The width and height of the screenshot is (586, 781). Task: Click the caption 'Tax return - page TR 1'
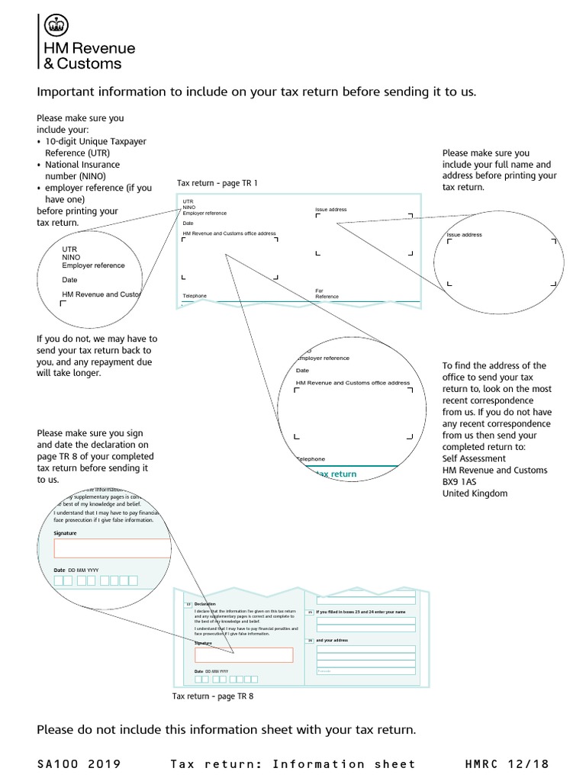coord(217,183)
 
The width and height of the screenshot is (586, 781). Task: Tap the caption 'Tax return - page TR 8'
coord(213,696)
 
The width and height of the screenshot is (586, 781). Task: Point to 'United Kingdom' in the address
coord(475,493)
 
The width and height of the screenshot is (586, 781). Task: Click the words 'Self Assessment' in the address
coord(474,458)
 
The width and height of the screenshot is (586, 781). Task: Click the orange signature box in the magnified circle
coord(112,548)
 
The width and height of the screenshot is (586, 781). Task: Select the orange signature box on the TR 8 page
coord(243,654)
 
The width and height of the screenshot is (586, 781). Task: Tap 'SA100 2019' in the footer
coord(79,763)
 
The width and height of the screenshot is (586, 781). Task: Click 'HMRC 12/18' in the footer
coord(507,763)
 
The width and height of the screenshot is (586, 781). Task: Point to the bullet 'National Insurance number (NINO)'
coord(82,170)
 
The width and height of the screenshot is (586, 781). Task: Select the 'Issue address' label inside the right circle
coord(465,235)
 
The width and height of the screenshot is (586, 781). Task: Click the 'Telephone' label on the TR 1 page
coord(195,296)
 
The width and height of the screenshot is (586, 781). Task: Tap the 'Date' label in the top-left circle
coord(70,280)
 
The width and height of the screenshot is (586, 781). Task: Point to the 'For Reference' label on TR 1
coord(327,294)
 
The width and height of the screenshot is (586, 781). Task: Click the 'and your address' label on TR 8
coord(332,641)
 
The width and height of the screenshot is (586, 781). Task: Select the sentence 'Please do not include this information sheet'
coord(227,730)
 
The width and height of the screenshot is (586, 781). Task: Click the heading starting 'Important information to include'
coord(256,92)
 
